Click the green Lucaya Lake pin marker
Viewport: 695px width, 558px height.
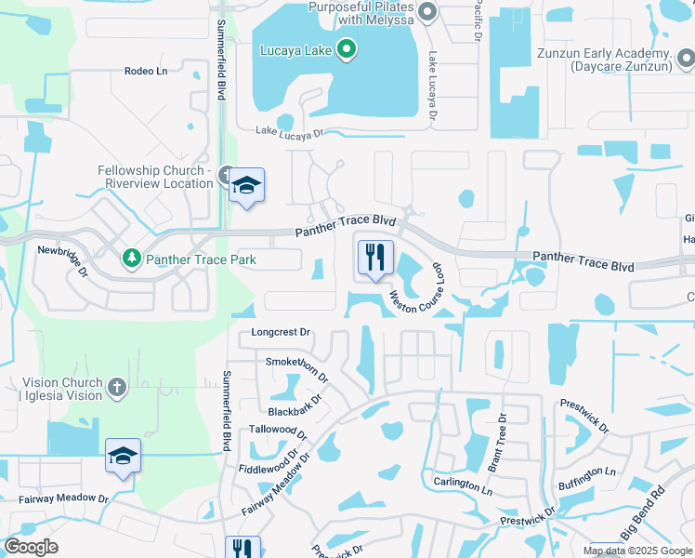[x=346, y=48]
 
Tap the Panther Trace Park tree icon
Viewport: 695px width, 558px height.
[x=132, y=257]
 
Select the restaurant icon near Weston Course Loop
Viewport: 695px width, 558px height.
[x=375, y=258]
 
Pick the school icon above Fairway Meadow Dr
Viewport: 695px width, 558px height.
[x=123, y=456]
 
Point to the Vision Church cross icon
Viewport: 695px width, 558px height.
[x=116, y=388]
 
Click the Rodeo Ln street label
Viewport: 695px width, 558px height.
[x=146, y=72]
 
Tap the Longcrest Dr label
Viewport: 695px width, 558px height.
[x=280, y=332]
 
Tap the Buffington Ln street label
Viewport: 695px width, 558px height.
[x=586, y=478]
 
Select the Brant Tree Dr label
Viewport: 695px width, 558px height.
[x=497, y=443]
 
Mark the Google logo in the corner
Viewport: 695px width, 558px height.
[x=32, y=547]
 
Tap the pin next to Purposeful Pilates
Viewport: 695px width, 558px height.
[x=427, y=12]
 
